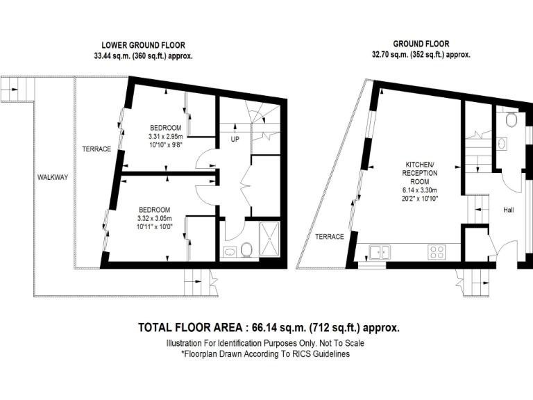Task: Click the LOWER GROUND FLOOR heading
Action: click(x=144, y=45)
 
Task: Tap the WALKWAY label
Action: click(x=53, y=178)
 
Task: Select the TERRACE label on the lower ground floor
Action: click(x=96, y=149)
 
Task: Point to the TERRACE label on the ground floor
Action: click(x=330, y=237)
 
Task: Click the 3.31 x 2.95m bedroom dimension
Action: click(x=166, y=137)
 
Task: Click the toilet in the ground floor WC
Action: click(x=511, y=120)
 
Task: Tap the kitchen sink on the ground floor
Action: click(x=379, y=251)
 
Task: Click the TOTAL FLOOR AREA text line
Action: click(x=269, y=327)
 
